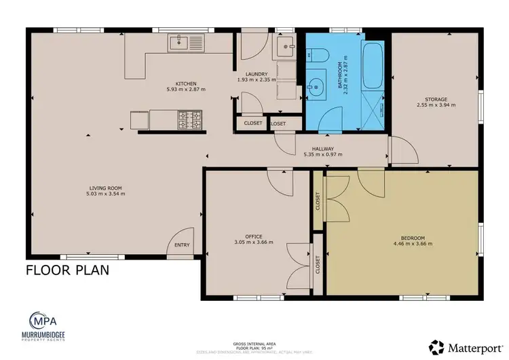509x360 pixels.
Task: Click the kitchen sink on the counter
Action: [x=185, y=43]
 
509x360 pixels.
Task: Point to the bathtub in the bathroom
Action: [x=372, y=67]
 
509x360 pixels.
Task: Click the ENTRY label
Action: [x=182, y=245]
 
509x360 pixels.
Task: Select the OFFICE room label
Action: [x=254, y=236]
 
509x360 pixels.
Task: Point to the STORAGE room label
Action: [x=436, y=99]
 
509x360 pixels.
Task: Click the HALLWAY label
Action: [x=322, y=149]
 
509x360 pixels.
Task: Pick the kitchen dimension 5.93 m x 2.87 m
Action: [x=185, y=89]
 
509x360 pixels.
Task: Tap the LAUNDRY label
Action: [x=257, y=74]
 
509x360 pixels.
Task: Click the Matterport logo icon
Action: [x=436, y=346]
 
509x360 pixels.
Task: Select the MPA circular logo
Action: [x=42, y=320]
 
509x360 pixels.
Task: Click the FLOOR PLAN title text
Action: [x=67, y=270]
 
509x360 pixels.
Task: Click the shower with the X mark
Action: [x=373, y=109]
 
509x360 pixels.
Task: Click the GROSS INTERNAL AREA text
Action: [x=254, y=344]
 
